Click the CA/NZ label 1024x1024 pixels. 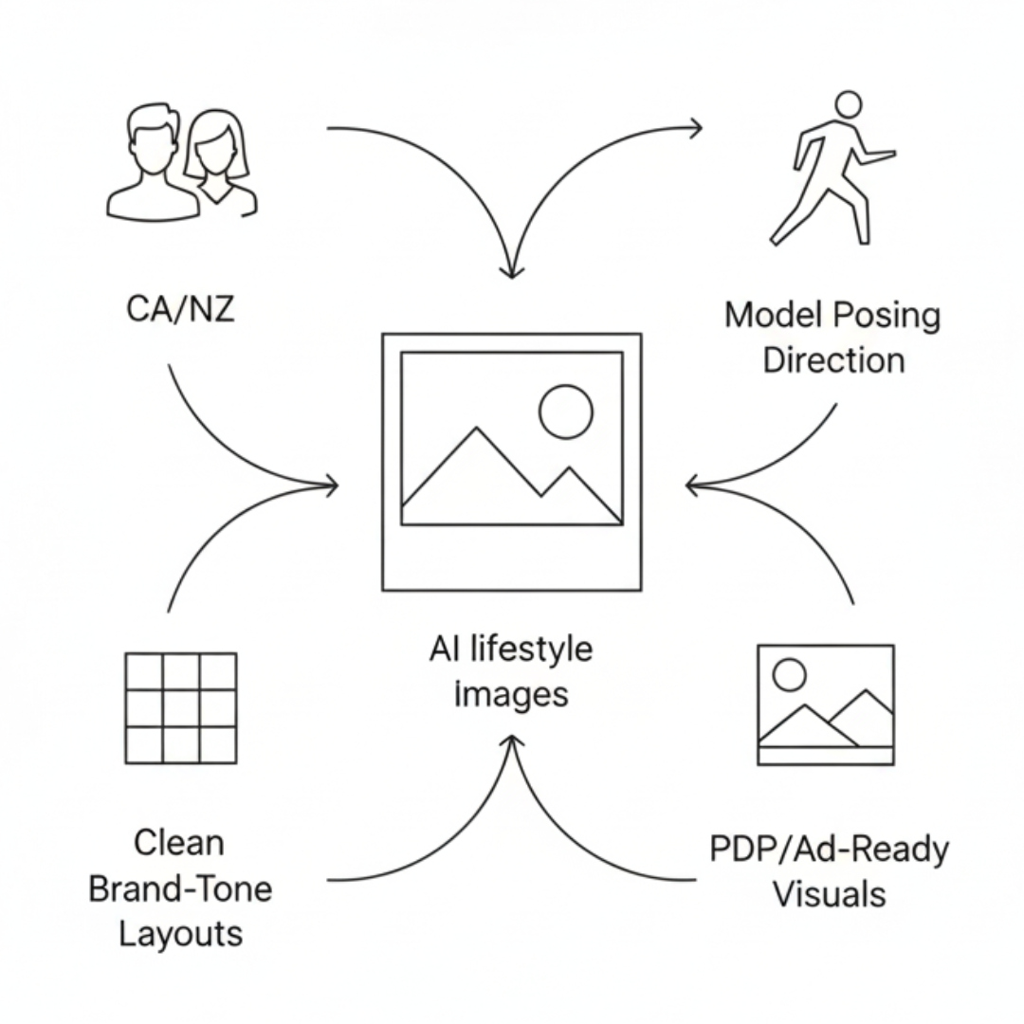pos(180,309)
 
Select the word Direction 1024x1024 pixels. pos(833,360)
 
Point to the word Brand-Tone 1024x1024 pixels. pos(180,888)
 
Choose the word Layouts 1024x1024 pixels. pos(180,934)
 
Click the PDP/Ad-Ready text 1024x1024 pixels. pos(829,849)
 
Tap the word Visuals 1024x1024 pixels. pos(829,893)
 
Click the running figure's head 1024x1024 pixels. pos(848,103)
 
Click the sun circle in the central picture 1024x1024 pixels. pos(565,411)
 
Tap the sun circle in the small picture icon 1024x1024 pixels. pos(789,675)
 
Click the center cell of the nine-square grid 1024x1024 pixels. pos(180,707)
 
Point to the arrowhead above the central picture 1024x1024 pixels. pos(512,270)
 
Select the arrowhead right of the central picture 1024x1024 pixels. pos(692,486)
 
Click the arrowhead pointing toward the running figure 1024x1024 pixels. pos(696,128)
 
